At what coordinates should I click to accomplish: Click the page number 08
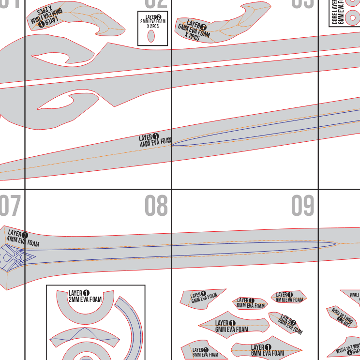(156, 206)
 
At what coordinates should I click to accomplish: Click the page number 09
(303, 206)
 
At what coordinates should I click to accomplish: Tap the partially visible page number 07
(10, 206)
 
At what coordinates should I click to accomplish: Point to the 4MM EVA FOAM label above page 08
(155, 140)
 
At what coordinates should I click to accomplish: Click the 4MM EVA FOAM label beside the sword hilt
(22, 239)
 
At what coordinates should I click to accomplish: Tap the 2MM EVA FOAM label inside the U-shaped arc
(85, 297)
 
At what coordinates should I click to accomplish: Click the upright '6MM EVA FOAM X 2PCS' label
(195, 30)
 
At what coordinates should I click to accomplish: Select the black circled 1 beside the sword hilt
(25, 236)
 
